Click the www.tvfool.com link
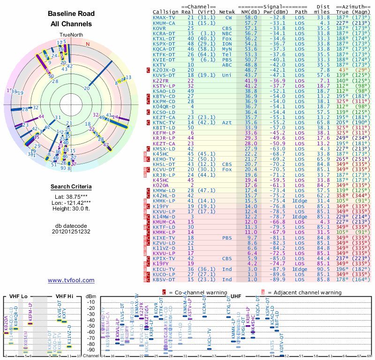tap(71, 280)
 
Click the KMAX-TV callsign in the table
tap(164, 17)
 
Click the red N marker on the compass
tap(87, 44)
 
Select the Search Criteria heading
tap(71, 187)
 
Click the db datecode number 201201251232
tap(71, 231)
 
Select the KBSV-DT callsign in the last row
tap(164, 280)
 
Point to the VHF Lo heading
tap(17, 297)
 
